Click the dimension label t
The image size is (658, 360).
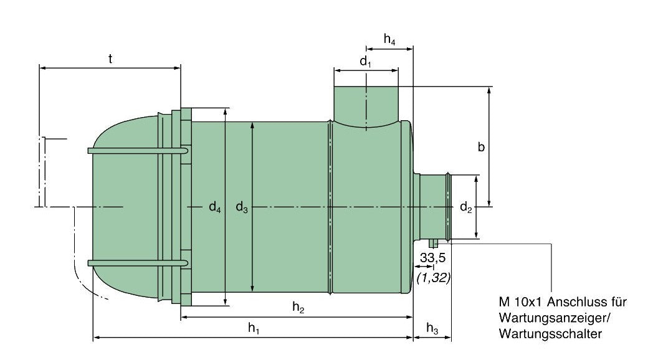click(110, 59)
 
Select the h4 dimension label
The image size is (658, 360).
click(389, 40)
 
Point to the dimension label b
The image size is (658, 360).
click(481, 147)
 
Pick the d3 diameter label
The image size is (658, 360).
click(242, 207)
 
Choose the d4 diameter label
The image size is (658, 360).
click(215, 207)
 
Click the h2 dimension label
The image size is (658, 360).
click(298, 307)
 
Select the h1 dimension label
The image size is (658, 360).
click(254, 328)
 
